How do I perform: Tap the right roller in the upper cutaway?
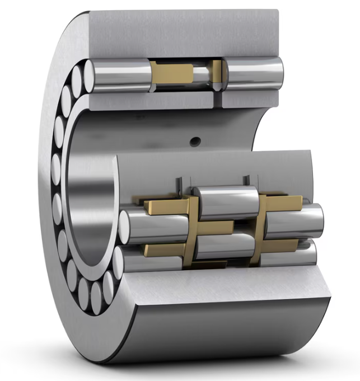(x=255, y=73)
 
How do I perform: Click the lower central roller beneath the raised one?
(x=224, y=246)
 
